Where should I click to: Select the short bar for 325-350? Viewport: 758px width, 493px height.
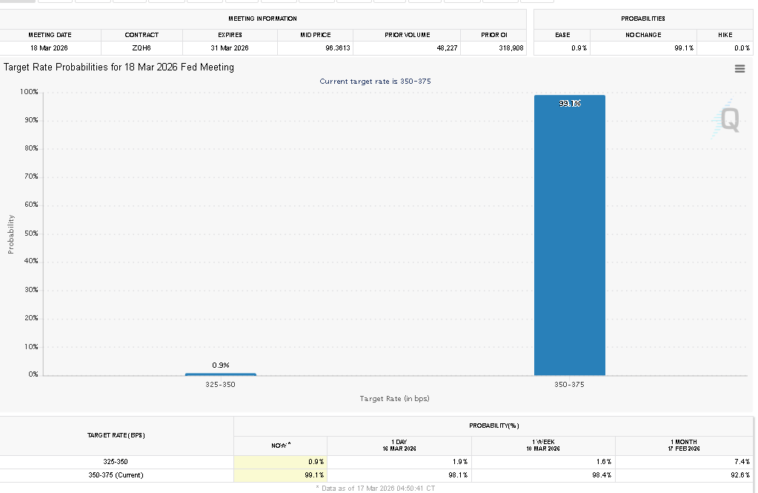tap(220, 374)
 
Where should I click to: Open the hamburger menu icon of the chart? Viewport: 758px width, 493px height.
tap(739, 68)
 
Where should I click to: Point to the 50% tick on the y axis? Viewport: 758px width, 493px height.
tap(30, 234)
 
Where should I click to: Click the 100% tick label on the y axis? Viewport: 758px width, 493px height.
tap(29, 92)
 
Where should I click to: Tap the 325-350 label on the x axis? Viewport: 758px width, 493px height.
tap(220, 385)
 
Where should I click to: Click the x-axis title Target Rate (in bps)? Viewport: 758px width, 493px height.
tap(394, 399)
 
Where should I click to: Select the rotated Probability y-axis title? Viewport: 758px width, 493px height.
tap(11, 234)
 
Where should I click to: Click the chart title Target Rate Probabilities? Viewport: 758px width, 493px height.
tap(119, 67)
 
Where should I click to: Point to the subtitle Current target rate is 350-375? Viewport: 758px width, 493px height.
tap(375, 81)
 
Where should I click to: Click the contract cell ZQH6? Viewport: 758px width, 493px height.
tap(142, 48)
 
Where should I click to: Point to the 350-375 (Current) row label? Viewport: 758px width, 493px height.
tap(116, 475)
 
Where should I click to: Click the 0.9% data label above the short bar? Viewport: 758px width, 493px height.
tap(220, 365)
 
